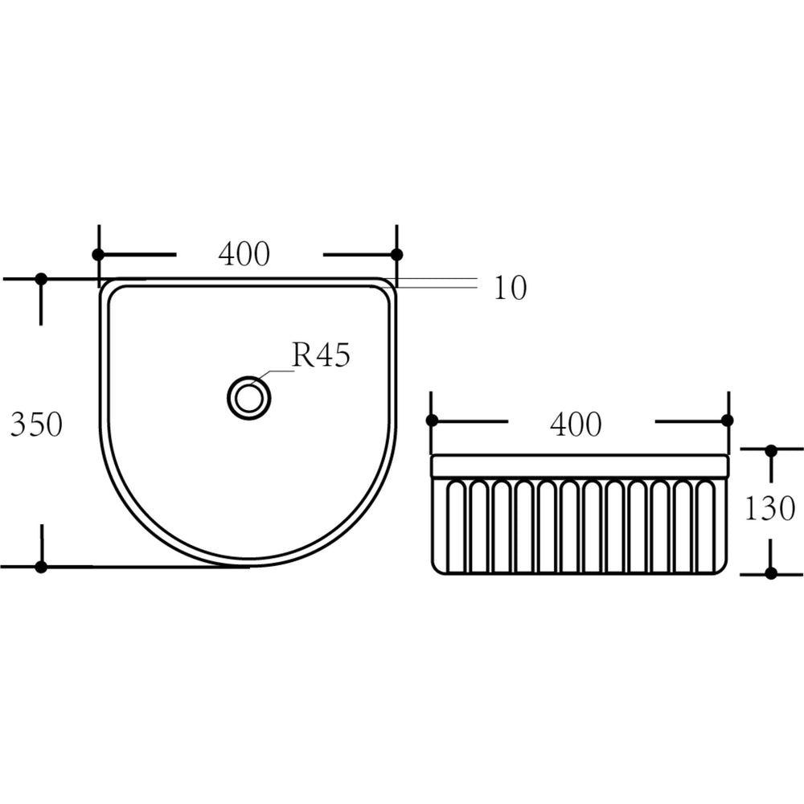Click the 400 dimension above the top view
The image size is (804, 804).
[x=244, y=254]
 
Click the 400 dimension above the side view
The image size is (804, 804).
[x=576, y=425]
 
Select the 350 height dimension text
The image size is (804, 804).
[x=36, y=425]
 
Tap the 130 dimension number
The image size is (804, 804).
[x=769, y=508]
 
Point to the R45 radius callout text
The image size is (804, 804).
[x=321, y=355]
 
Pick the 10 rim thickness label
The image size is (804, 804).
[x=511, y=288]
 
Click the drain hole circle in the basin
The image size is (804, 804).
[x=249, y=398]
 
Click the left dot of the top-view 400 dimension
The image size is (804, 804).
[x=98, y=254]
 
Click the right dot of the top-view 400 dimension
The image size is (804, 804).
[x=397, y=254]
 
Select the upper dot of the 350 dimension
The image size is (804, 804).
[x=41, y=279]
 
